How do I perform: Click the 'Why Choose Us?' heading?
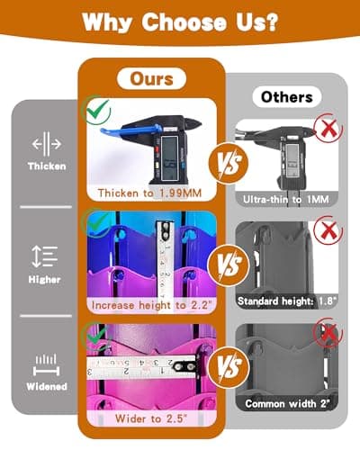point(180,22)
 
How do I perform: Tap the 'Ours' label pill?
point(151,79)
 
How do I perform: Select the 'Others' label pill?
point(287,97)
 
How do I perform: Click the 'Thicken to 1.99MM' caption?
point(149,193)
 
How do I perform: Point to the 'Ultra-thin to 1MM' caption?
point(286,199)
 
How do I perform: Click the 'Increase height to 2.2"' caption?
point(150,305)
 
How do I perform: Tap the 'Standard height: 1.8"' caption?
point(287,301)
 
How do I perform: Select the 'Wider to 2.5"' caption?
point(151,418)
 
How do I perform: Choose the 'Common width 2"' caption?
point(287,403)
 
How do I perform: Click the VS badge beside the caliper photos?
point(229,162)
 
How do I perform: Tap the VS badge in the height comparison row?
point(229,265)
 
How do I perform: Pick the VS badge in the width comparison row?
point(229,367)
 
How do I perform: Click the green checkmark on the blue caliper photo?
point(98,110)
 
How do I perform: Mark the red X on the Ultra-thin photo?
point(328,128)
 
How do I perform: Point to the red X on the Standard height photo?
point(328,230)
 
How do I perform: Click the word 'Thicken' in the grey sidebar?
point(47,166)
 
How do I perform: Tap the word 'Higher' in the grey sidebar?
point(44,279)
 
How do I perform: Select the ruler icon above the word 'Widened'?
point(46,365)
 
